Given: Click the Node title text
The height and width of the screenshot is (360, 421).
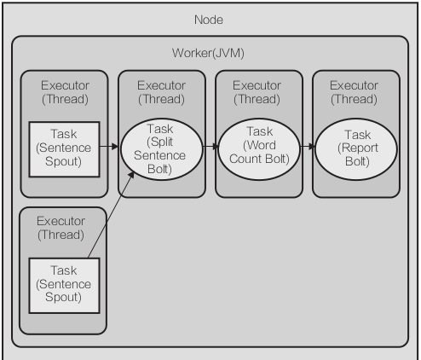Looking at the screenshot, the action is [x=209, y=20].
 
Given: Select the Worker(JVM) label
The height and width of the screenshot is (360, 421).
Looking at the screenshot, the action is [x=208, y=53].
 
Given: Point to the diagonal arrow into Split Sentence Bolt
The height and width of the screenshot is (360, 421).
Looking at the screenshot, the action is [x=111, y=215].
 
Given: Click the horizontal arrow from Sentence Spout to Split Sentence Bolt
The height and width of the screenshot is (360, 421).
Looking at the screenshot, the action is [x=109, y=147].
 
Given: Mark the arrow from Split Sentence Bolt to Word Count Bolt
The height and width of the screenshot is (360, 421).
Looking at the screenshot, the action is [x=210, y=147].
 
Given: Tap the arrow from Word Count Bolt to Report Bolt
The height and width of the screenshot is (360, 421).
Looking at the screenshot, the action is [x=308, y=147].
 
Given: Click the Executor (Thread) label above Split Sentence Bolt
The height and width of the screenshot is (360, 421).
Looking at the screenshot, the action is [x=161, y=92].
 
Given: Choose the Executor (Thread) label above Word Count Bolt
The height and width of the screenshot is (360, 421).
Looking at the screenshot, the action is [x=257, y=92].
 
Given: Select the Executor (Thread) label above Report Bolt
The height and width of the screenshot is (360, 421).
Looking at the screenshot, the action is [x=354, y=92].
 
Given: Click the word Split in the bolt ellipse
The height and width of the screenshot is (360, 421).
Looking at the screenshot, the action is [x=159, y=142].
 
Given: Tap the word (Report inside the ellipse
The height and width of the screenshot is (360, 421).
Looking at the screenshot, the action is [x=358, y=148].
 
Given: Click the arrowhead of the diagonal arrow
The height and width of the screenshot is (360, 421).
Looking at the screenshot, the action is [x=131, y=175].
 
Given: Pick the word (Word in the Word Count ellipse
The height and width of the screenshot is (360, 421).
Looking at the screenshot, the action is [x=259, y=145].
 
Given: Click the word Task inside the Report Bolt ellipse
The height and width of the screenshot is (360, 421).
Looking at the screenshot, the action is [x=358, y=135].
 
